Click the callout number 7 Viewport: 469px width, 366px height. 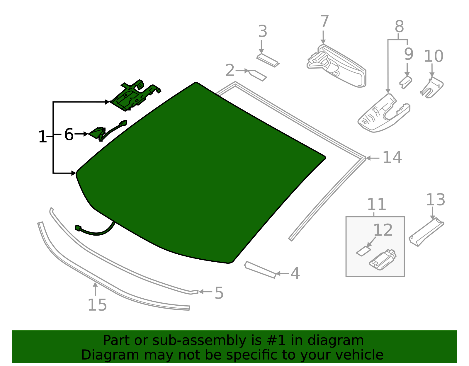click(324, 22)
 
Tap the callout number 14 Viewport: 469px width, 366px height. click(392, 158)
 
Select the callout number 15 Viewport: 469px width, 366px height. click(97, 305)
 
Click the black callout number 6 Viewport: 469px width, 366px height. click(69, 135)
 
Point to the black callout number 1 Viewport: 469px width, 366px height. click(43, 137)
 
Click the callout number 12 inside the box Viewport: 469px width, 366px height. click(383, 230)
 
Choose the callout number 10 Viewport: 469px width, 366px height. click(434, 56)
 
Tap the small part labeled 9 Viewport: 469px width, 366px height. click(406, 82)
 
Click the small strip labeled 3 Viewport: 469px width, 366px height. click(267, 60)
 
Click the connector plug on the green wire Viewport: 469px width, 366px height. click(78, 228)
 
